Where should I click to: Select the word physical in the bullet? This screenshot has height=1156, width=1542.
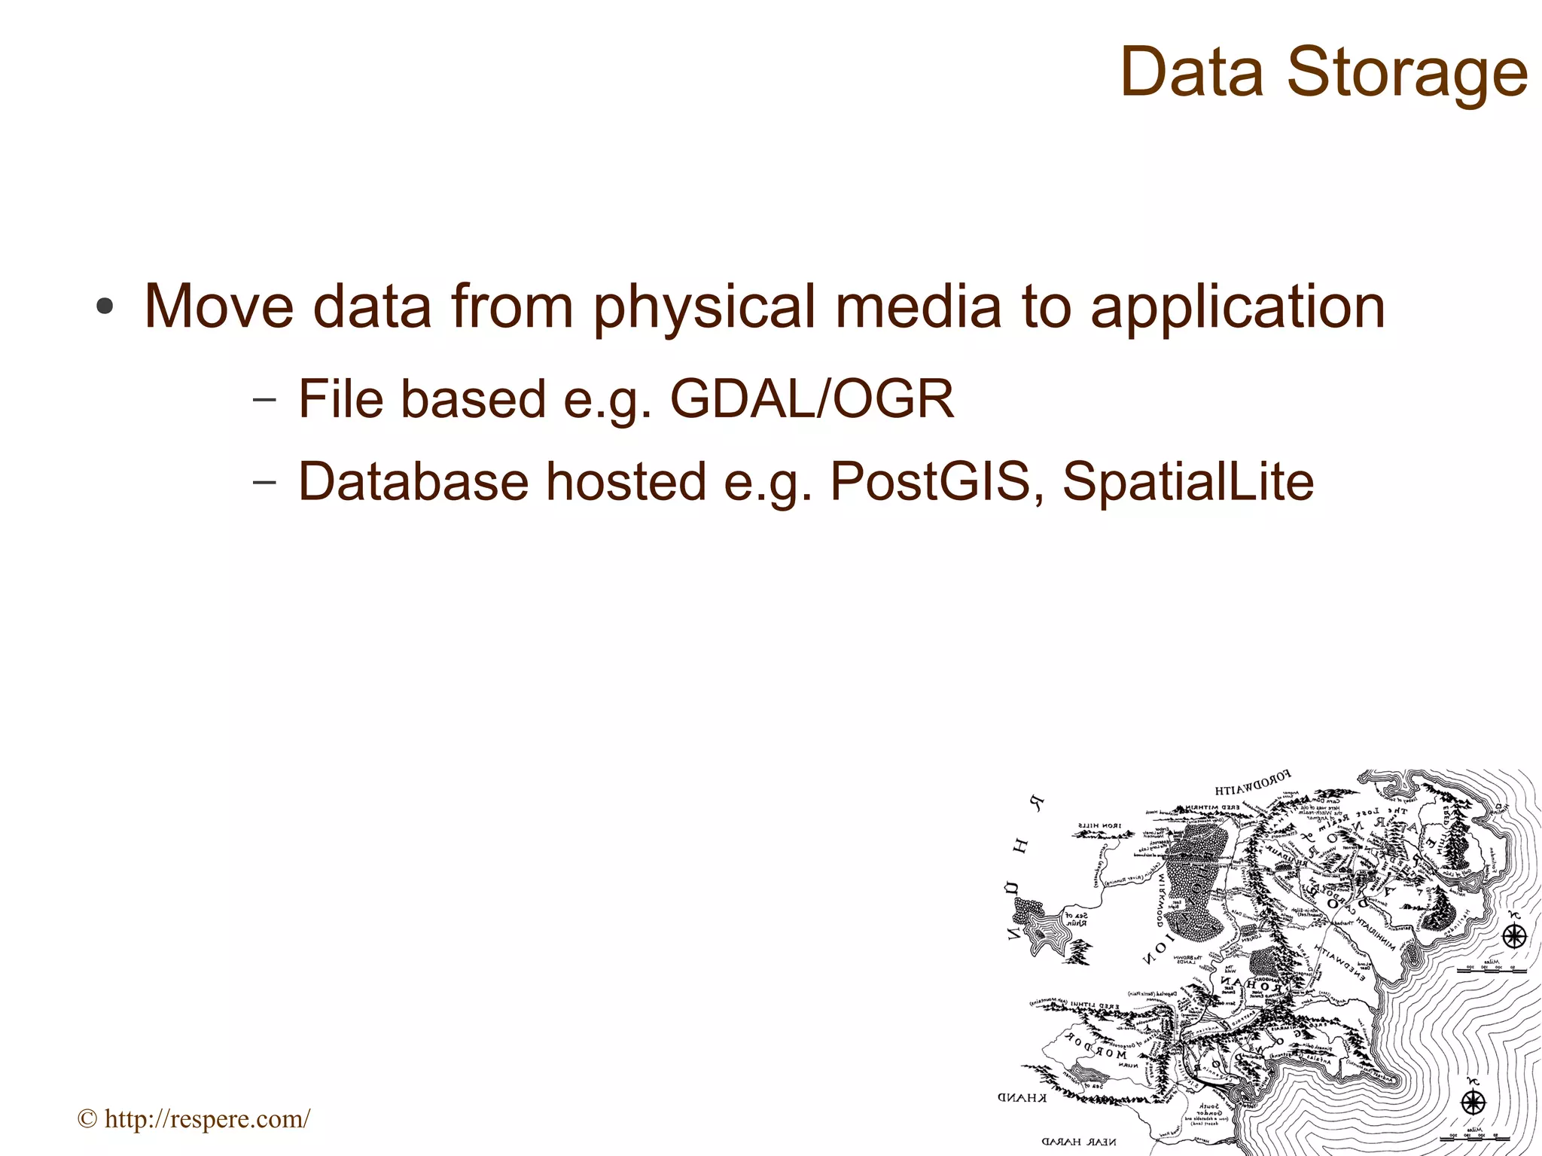704,307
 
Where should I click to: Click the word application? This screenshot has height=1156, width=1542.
1238,307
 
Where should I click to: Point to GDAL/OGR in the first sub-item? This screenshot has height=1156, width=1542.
812,399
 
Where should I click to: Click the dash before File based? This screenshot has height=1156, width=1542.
264,400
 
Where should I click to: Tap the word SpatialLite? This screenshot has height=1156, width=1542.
1187,481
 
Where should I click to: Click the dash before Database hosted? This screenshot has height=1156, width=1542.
264,482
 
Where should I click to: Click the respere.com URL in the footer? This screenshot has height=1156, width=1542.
207,1119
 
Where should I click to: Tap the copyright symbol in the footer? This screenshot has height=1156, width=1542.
87,1120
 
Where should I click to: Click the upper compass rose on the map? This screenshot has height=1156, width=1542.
1513,937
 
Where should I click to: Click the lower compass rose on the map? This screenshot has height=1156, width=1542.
1473,1103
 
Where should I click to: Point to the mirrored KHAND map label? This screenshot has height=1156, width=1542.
1022,1098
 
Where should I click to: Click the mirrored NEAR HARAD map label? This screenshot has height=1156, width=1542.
1078,1142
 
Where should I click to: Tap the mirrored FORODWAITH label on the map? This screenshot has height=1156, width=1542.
1252,783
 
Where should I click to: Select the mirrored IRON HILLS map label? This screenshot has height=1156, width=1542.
1100,825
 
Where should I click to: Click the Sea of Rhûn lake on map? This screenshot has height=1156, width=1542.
1044,931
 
